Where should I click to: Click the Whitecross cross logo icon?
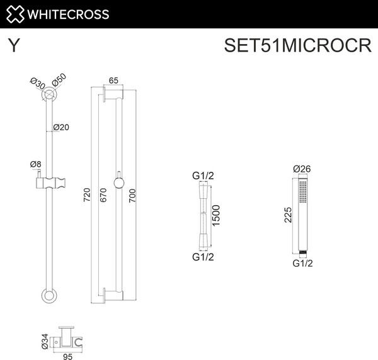pos(14,14)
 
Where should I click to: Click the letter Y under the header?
pos(13,47)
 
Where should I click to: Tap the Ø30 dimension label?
pos(37,84)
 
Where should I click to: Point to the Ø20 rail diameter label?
pos(60,127)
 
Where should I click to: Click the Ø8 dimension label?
pos(36,165)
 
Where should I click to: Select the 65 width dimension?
pos(114,80)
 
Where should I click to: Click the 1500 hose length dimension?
pos(216,217)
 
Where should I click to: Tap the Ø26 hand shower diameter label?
pos(303,168)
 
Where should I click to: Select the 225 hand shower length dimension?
pos(288,216)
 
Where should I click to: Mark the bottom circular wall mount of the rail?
pos(49,296)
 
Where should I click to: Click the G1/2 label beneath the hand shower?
pos(303,264)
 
